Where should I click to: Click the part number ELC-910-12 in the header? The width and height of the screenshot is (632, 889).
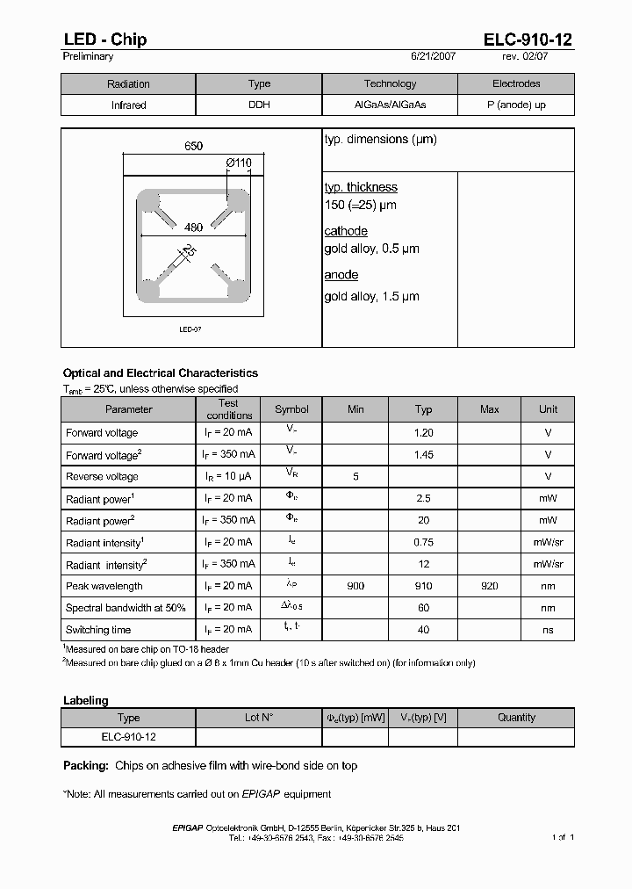point(528,40)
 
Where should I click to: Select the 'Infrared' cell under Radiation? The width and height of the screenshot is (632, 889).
point(128,105)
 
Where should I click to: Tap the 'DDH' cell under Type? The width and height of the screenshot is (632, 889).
point(259,105)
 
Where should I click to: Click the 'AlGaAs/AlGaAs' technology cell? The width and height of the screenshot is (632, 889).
point(390,105)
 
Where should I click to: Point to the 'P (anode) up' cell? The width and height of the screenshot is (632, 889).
point(516,105)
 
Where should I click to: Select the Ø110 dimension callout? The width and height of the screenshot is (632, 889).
point(237,163)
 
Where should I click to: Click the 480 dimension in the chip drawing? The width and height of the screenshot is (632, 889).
point(193,228)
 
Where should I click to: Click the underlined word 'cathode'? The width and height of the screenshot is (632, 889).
point(346,231)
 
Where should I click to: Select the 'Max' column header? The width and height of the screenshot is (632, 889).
point(490,409)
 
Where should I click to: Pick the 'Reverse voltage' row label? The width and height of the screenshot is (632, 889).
point(102,476)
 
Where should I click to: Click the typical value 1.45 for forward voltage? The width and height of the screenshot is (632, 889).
point(423,455)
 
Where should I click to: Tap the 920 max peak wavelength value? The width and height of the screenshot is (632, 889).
point(490,586)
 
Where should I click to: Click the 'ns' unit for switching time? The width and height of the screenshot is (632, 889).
point(548,630)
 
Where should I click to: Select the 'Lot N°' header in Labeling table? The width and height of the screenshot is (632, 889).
point(259,718)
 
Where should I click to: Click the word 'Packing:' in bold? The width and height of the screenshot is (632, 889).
point(86,766)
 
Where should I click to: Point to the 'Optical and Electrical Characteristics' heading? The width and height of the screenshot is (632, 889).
point(161,373)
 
